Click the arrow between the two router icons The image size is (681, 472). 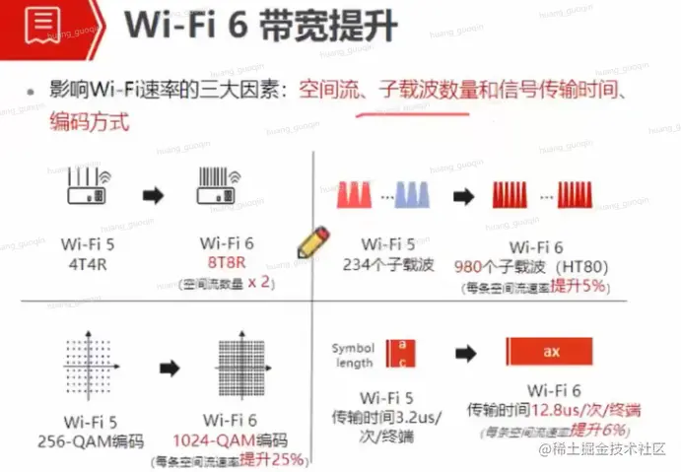[154, 194]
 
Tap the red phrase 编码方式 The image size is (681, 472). [89, 125]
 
